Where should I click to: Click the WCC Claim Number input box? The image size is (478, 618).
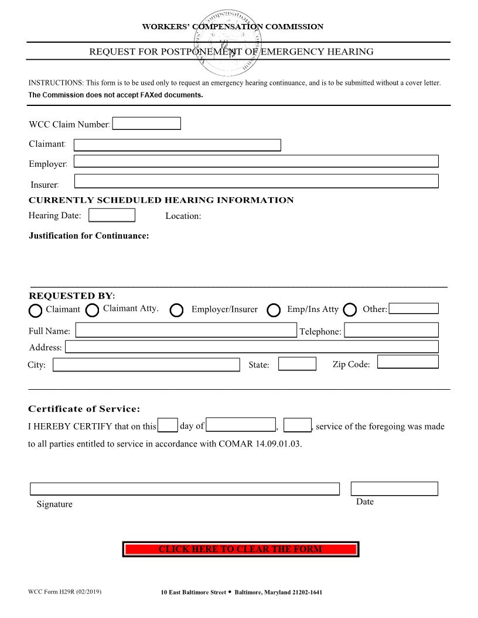(146, 123)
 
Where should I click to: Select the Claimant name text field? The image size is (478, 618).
(177, 145)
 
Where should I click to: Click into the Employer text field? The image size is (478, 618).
(256, 162)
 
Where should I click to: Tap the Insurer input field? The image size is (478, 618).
(256, 181)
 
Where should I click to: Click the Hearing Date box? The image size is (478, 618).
(112, 215)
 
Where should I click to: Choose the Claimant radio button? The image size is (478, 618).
(36, 310)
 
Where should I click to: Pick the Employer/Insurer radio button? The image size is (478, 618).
(177, 310)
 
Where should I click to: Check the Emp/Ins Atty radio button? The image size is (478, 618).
(274, 310)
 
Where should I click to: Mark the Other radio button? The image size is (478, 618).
(350, 310)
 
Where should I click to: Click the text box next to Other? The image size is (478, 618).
(414, 308)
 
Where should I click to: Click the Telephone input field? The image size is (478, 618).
(391, 330)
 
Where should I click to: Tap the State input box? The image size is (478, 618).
(297, 364)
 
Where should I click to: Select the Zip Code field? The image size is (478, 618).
(408, 362)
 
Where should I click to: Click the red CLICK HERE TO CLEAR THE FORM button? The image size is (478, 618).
(240, 550)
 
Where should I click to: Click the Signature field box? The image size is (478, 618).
(185, 489)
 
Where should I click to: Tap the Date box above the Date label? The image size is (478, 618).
(394, 489)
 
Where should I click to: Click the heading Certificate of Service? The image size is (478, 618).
(84, 409)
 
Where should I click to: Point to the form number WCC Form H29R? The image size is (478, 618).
(64, 592)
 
